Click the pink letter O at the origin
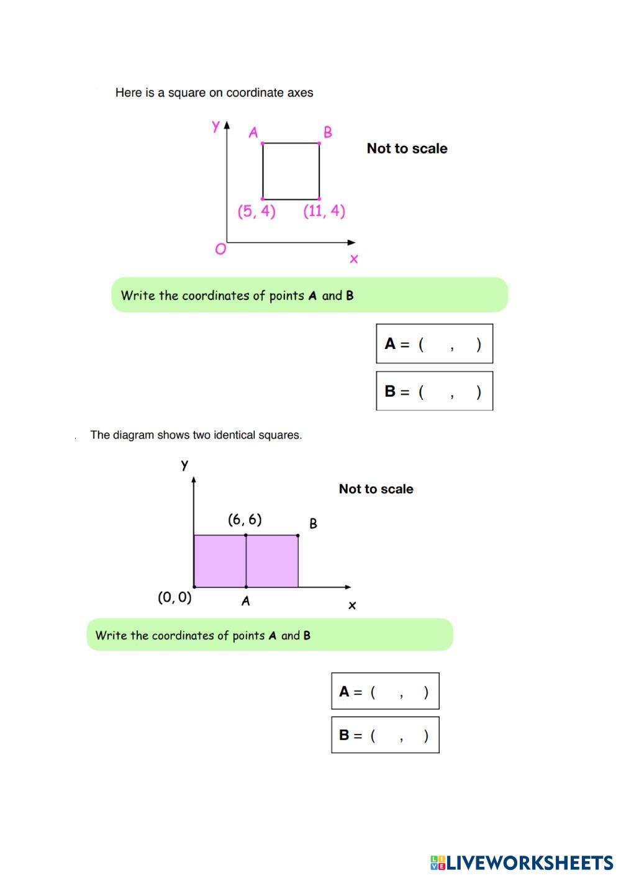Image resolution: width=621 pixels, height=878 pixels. click(220, 250)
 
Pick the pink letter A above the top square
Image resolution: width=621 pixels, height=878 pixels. click(253, 132)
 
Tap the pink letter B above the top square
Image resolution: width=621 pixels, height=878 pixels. click(328, 132)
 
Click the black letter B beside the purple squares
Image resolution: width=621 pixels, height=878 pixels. click(313, 523)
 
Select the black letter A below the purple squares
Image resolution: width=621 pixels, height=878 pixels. click(245, 601)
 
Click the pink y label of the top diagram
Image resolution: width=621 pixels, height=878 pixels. click(215, 126)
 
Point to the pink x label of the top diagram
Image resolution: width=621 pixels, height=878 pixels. click(354, 259)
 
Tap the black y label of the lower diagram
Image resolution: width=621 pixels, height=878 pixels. click(184, 464)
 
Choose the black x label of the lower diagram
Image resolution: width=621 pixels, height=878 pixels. click(352, 605)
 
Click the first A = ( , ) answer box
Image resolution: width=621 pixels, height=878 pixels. click(434, 343)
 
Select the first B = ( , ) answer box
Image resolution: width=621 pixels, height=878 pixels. click(434, 391)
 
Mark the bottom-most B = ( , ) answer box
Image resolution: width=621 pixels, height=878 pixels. click(385, 735)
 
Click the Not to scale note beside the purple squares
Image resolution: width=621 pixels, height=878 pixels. click(376, 489)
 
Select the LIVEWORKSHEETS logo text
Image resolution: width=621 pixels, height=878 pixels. click(530, 862)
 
